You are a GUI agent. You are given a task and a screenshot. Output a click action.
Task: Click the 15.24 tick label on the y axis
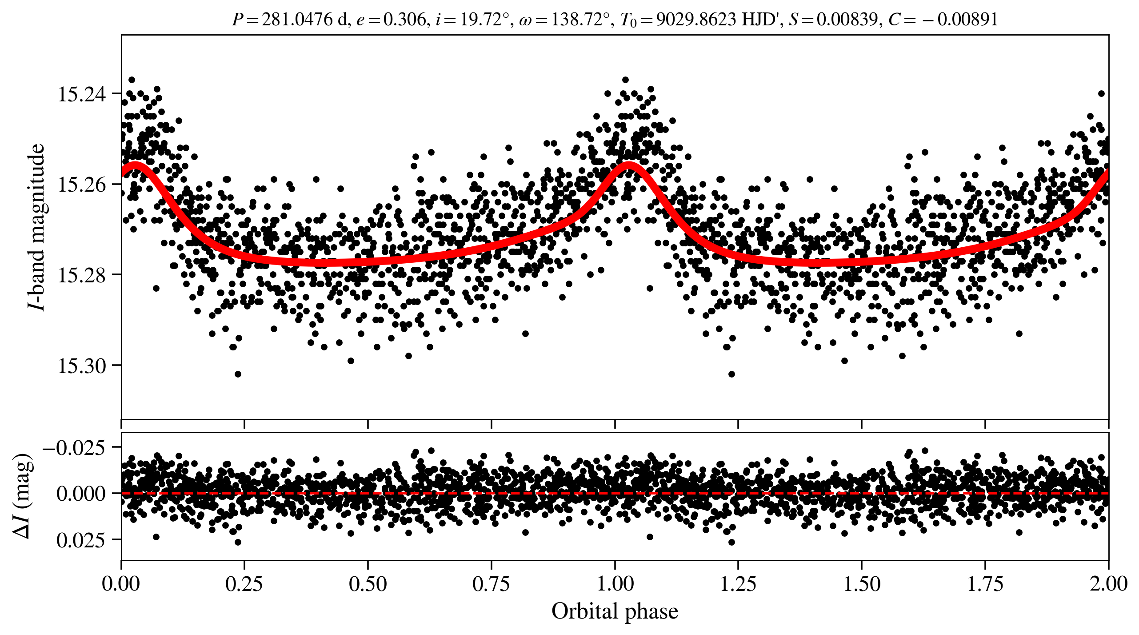point(82,94)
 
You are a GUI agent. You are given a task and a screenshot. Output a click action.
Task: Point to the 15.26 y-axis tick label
point(82,185)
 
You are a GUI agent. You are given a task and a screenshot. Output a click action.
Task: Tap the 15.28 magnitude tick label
point(82,275)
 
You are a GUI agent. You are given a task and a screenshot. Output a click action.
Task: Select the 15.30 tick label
point(82,366)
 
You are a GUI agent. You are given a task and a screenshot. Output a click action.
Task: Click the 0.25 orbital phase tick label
point(244,583)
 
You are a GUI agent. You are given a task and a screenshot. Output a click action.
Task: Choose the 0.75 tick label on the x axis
point(491,583)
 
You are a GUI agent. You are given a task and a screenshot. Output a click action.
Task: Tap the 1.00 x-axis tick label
point(615,583)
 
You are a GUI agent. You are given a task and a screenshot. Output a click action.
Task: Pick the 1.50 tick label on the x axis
point(862,583)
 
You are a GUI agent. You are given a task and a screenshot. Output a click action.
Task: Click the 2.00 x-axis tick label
point(1108,583)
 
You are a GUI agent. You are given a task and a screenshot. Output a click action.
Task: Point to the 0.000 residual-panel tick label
point(81,494)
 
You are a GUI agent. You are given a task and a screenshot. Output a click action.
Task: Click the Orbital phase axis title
point(615,611)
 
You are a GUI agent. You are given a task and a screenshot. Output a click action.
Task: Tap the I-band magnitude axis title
point(36,227)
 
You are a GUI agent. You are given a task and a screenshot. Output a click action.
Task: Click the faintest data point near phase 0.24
point(238,374)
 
